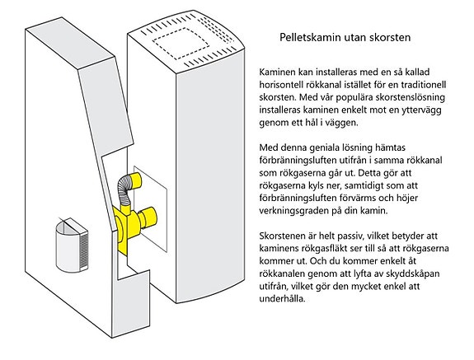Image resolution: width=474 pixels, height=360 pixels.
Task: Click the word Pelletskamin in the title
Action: pyautogui.click(x=307, y=37)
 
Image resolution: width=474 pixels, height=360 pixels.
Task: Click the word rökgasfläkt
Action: pyautogui.click(x=322, y=248)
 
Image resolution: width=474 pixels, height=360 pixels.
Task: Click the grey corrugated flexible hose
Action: pyautogui.click(x=124, y=191)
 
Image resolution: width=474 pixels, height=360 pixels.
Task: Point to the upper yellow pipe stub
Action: pyautogui.click(x=135, y=180)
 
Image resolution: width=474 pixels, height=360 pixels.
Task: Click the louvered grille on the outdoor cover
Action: pyautogui.click(x=84, y=250)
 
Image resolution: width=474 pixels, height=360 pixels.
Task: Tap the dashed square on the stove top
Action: pyautogui.click(x=181, y=44)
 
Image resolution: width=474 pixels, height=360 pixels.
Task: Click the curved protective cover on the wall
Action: pyautogui.click(x=72, y=245)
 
